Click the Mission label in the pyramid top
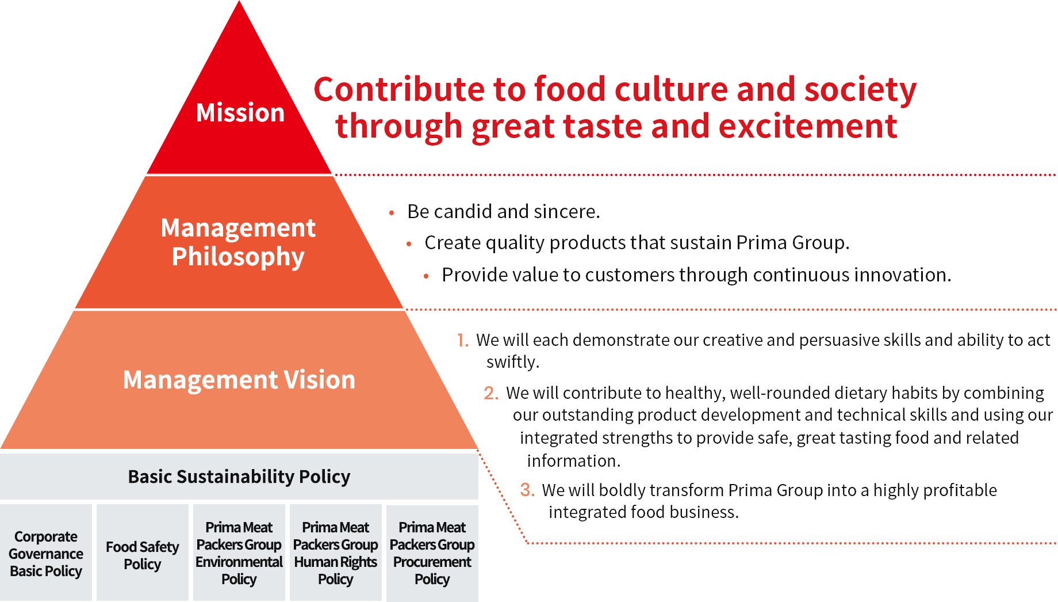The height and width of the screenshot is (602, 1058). tap(240, 113)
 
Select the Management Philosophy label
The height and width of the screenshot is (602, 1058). tap(238, 242)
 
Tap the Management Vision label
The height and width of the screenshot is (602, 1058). tap(239, 380)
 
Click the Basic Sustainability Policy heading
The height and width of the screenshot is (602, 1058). tap(239, 477)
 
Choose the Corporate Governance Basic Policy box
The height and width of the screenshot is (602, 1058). tap(46, 553)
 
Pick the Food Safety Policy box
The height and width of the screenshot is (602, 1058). tap(143, 553)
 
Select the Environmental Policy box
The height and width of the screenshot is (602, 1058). tap(239, 553)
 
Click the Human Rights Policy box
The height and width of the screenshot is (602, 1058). tap(336, 553)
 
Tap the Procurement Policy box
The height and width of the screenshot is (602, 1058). tap(432, 553)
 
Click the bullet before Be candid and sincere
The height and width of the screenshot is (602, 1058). tap(392, 213)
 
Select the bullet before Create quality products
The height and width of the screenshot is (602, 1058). tap(409, 244)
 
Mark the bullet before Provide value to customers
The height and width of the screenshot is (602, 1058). tap(426, 276)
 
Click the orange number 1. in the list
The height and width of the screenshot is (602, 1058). tap(463, 340)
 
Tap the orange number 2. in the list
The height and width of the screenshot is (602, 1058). tap(491, 393)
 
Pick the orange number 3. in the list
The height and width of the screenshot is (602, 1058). tap(527, 490)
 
